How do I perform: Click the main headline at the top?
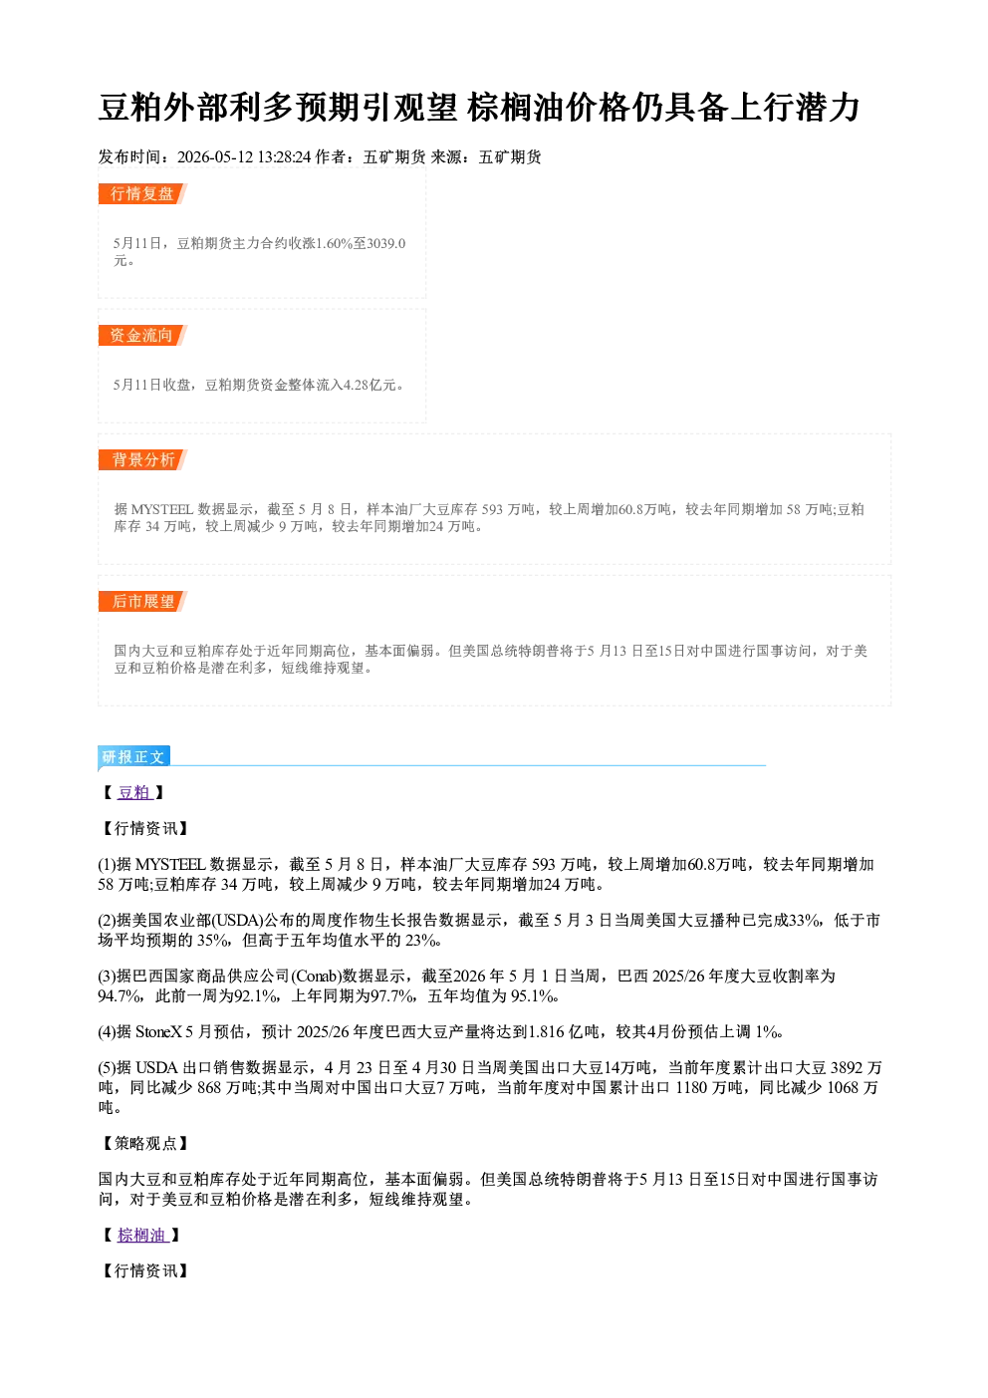479,107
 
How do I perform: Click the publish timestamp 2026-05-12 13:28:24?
244,157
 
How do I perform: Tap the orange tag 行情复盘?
142,193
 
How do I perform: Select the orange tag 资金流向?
142,335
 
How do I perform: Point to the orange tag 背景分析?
142,460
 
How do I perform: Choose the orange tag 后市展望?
142,602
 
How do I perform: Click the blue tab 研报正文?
133,757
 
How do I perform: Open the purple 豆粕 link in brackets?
134,792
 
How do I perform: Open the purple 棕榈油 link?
142,1236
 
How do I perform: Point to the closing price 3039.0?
386,243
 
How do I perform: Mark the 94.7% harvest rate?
117,996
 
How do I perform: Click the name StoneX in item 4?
159,1032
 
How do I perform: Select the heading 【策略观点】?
144,1143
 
